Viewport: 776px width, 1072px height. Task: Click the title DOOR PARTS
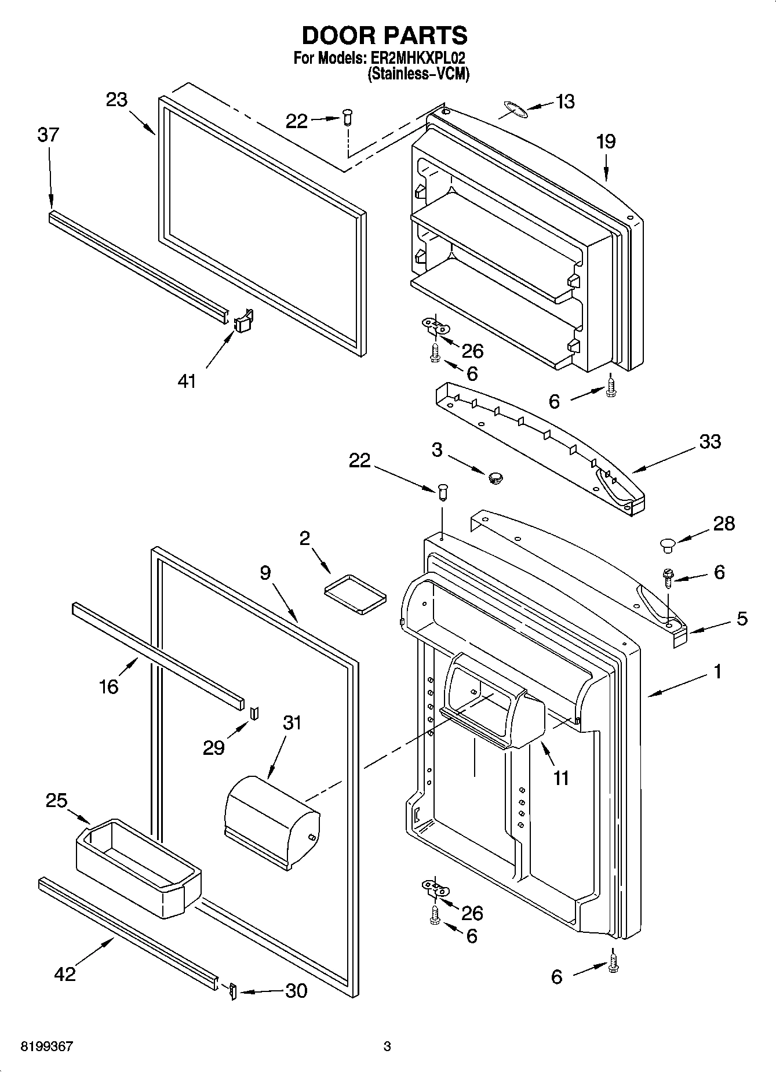point(384,35)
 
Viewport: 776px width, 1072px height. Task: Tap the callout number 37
point(48,135)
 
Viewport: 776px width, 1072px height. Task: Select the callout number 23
point(116,100)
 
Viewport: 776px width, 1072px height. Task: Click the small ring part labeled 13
point(515,110)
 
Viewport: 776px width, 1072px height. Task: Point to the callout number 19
point(606,141)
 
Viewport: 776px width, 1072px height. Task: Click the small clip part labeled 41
point(243,320)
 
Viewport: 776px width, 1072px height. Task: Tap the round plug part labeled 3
point(495,477)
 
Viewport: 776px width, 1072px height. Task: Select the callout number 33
point(710,441)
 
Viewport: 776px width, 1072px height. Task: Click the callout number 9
point(265,573)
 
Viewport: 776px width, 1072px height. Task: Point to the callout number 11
point(561,777)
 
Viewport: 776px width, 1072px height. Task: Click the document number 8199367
point(46,1046)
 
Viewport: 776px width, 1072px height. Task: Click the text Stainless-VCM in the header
point(418,74)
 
